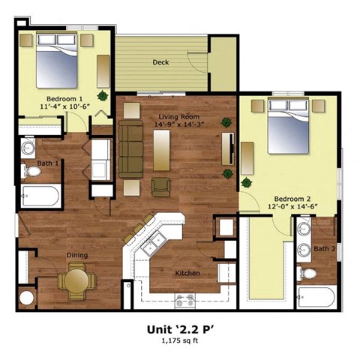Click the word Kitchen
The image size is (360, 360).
187,273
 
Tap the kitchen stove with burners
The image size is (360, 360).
184,300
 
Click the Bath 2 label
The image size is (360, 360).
324,249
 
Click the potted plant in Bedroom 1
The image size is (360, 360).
101,95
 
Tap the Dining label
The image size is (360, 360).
76,256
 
